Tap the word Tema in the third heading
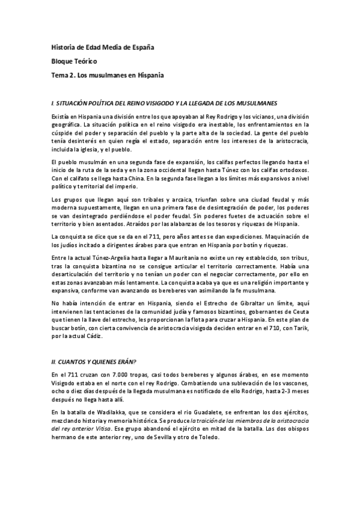[x=60, y=75]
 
